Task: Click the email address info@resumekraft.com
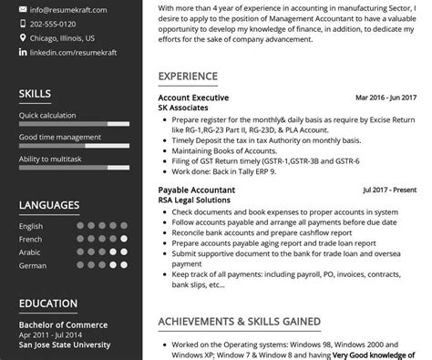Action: click(67, 9)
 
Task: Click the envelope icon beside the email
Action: click(22, 9)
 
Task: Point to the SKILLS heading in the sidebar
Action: click(35, 94)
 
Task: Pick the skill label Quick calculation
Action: click(47, 116)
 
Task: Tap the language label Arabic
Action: click(30, 252)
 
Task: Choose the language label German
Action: click(32, 265)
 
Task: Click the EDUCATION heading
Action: click(47, 303)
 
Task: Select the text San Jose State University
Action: click(65, 345)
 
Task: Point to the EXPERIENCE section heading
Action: click(188, 76)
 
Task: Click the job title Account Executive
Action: click(193, 98)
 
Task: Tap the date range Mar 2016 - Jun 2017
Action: click(386, 98)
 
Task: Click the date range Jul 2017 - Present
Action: click(390, 190)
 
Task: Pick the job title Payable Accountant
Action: click(197, 190)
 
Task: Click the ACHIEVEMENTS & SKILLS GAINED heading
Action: click(239, 322)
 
